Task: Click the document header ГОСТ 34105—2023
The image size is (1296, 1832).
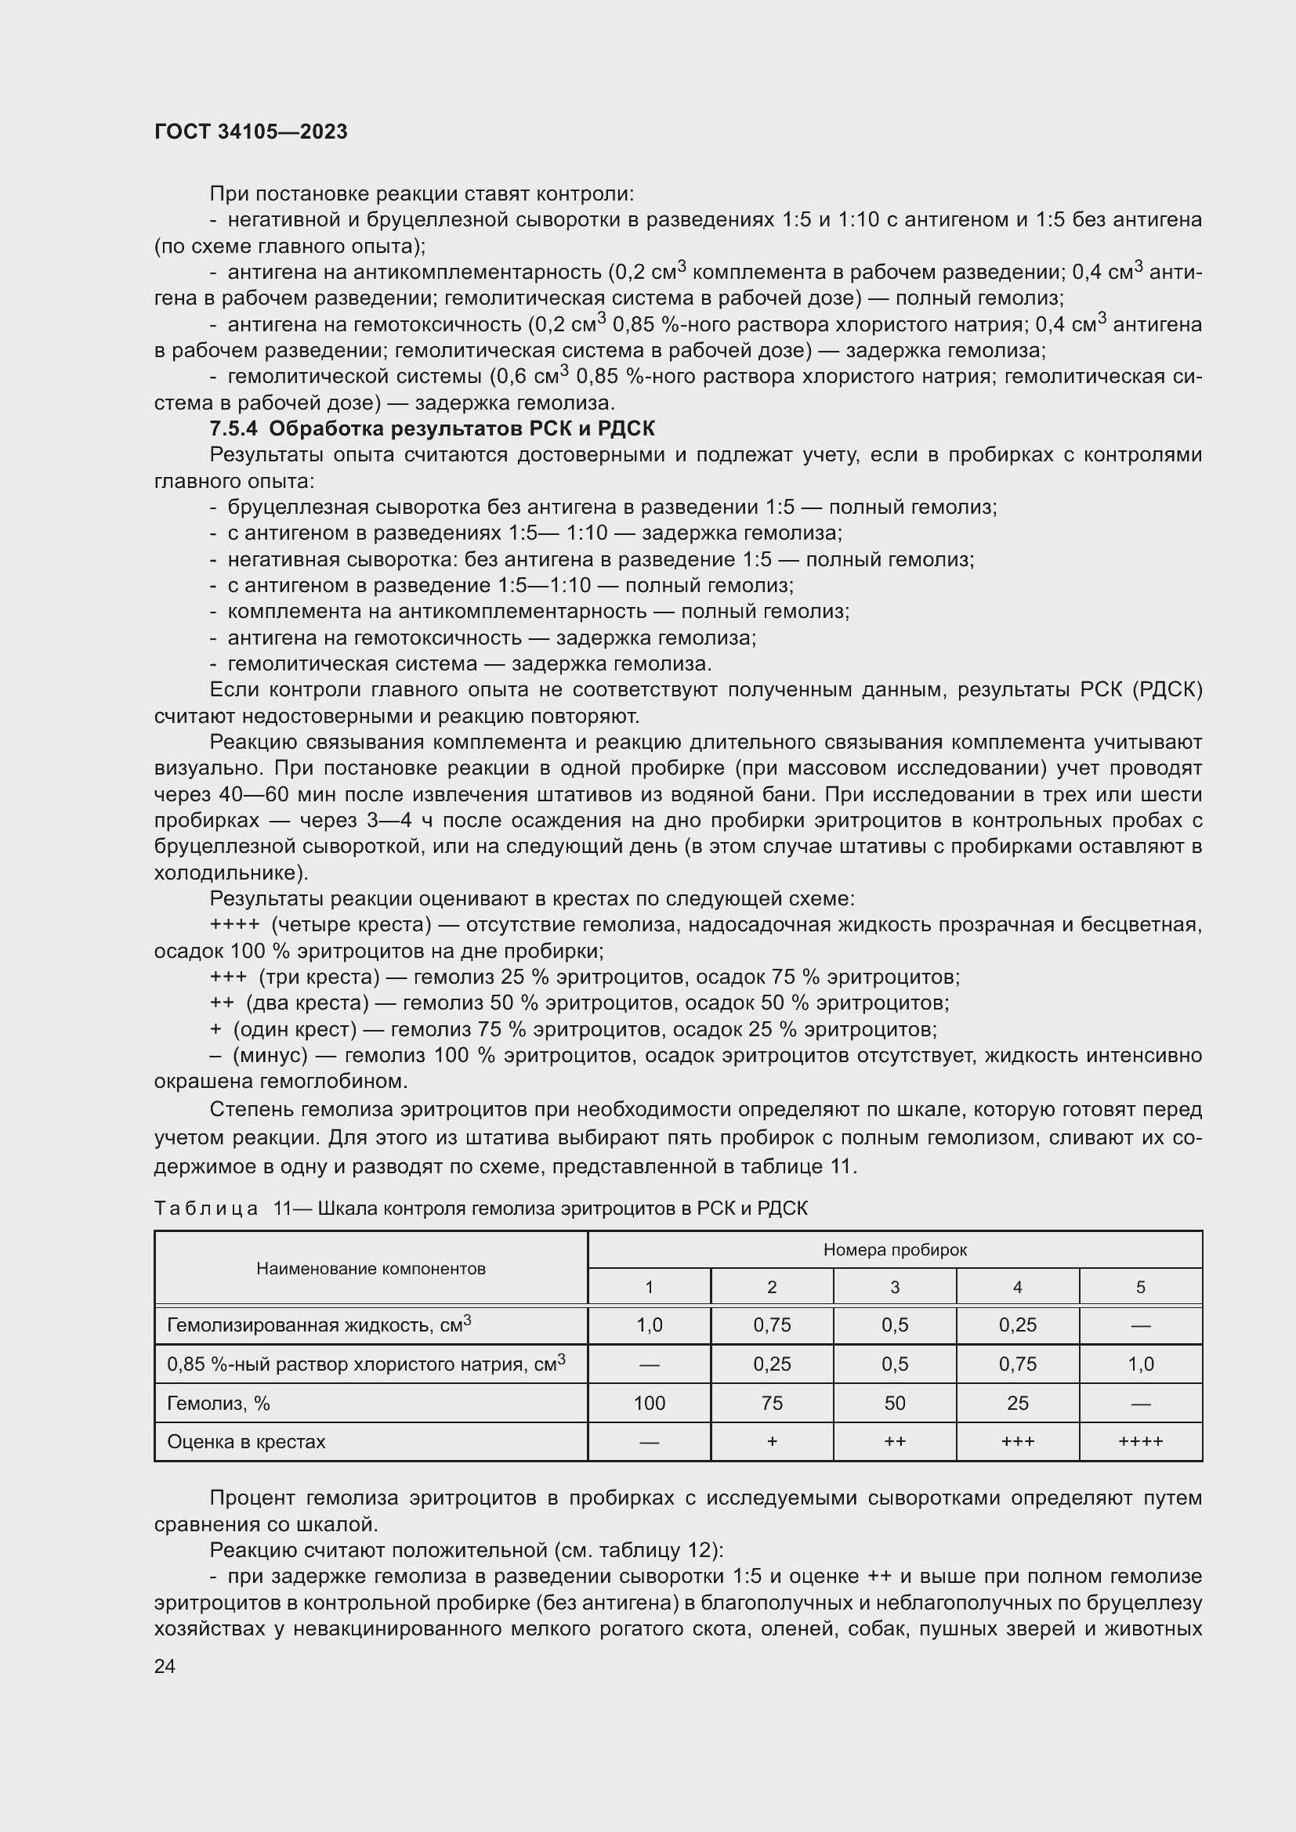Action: (x=251, y=132)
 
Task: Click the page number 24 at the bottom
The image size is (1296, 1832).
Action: (x=165, y=1666)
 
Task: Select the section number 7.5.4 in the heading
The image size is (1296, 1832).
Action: (x=233, y=428)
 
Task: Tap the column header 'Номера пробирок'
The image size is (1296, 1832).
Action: (x=895, y=1249)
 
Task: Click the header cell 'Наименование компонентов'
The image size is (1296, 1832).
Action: (x=371, y=1269)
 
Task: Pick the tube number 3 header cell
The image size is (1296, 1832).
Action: (x=895, y=1287)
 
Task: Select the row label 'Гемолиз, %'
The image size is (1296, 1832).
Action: (x=219, y=1403)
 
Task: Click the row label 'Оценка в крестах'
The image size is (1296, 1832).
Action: (x=246, y=1442)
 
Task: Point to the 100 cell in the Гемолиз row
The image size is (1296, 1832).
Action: (x=649, y=1403)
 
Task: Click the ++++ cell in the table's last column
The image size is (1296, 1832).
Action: (x=1140, y=1442)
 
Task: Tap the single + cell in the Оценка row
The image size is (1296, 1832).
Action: (x=772, y=1442)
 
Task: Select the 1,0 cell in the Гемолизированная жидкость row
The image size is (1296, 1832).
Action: (x=649, y=1325)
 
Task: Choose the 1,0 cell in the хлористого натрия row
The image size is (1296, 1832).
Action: (x=1140, y=1364)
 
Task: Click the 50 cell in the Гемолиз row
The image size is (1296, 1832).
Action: (x=895, y=1403)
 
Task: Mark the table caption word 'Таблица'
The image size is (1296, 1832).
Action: (x=206, y=1208)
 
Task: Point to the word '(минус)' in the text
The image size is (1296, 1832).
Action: (x=270, y=1056)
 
